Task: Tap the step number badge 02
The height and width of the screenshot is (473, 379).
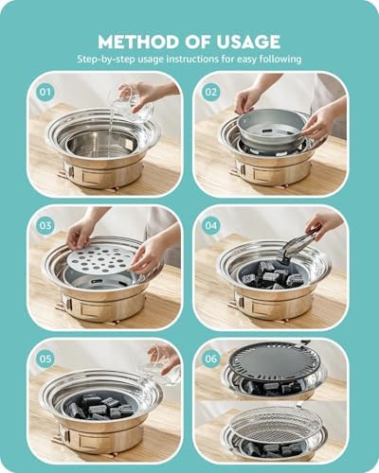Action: click(x=209, y=92)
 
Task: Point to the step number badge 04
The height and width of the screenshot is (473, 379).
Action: click(x=209, y=225)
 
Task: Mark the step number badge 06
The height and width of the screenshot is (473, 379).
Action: click(x=209, y=359)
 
